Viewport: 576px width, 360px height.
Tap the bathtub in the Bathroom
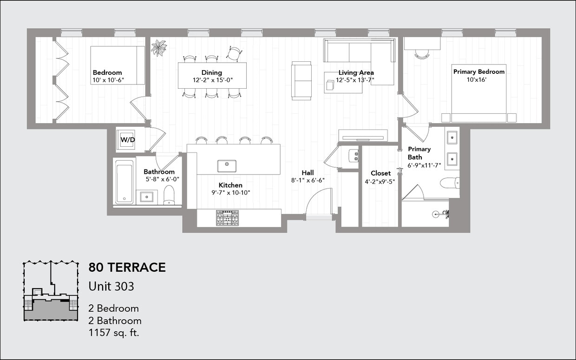point(124,182)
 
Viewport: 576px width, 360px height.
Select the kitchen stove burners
point(227,218)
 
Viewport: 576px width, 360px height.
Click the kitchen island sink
point(227,166)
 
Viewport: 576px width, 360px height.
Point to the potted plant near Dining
point(159,47)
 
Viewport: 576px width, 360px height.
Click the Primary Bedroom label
point(478,72)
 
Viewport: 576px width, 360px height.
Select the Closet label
point(380,173)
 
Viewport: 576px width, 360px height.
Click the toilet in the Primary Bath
point(449,183)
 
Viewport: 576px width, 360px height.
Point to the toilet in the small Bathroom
point(169,196)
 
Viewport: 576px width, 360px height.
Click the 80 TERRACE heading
point(127,268)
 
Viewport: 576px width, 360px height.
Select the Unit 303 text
point(111,286)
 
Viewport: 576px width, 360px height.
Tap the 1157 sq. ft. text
point(114,333)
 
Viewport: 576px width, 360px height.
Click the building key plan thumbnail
point(51,291)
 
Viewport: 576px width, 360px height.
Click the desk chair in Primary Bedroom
point(422,54)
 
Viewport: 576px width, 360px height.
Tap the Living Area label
point(356,72)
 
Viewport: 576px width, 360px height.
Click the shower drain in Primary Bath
point(436,214)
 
